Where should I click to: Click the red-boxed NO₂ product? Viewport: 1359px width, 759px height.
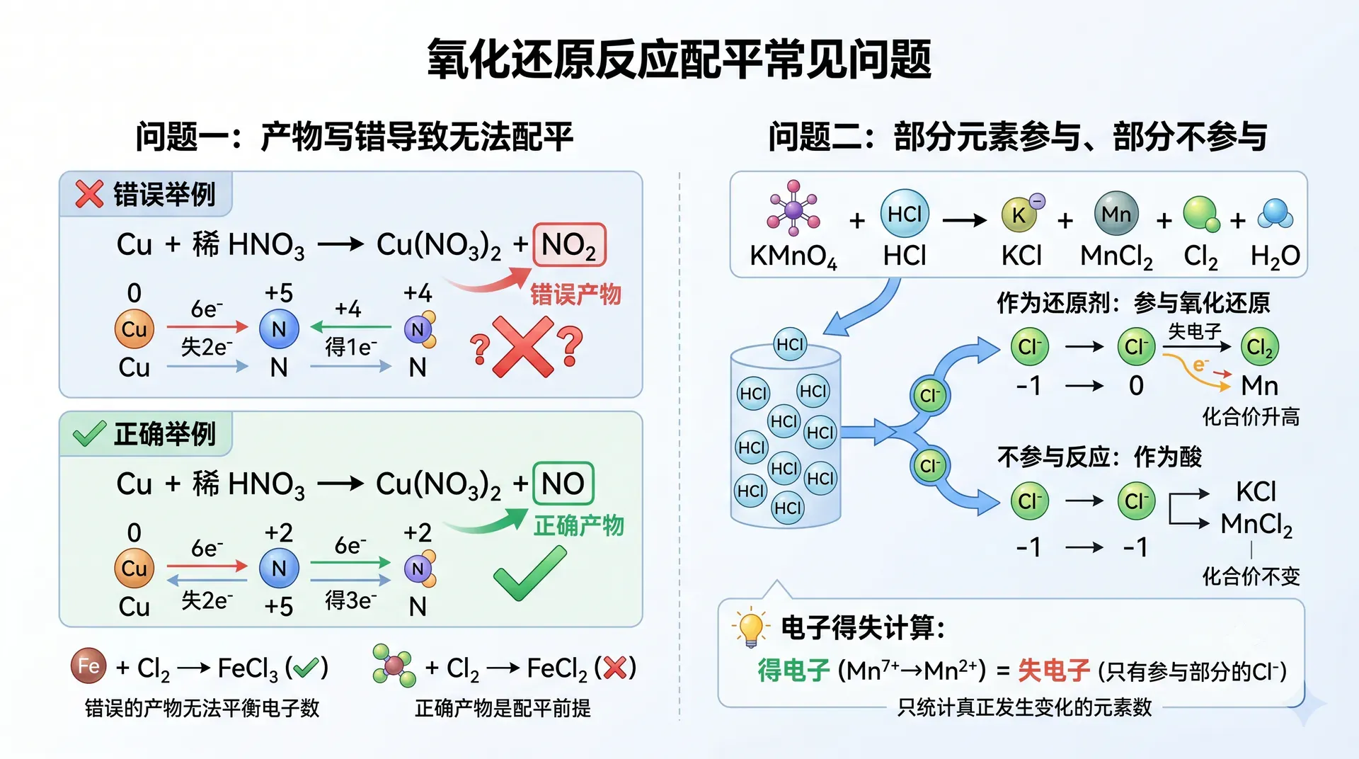tap(569, 245)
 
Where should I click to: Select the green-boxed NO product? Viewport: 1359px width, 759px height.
tap(563, 484)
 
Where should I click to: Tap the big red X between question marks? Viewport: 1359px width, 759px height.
tap(524, 347)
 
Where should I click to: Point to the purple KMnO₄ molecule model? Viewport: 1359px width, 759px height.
tap(793, 208)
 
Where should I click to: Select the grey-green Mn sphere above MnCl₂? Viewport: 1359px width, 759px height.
tap(1116, 213)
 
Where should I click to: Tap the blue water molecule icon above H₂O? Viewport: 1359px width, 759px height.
tap(1275, 214)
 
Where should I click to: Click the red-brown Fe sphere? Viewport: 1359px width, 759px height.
tap(88, 666)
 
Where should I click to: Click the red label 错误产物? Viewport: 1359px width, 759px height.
tap(575, 294)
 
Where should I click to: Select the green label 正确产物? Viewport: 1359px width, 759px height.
tap(579, 525)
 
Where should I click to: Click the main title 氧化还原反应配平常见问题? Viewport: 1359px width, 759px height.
tap(679, 59)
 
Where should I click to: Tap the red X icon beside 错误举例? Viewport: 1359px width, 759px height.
tap(90, 194)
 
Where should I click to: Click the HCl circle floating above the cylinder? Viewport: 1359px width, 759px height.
tap(790, 345)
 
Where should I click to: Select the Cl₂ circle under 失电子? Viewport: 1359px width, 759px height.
tap(1260, 347)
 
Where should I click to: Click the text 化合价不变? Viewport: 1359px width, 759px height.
tap(1251, 576)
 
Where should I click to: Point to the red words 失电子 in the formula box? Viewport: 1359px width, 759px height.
tap(1053, 670)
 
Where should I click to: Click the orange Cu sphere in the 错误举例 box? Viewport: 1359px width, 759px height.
tap(134, 329)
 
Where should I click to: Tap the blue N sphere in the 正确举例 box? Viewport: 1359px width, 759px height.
tap(279, 569)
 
